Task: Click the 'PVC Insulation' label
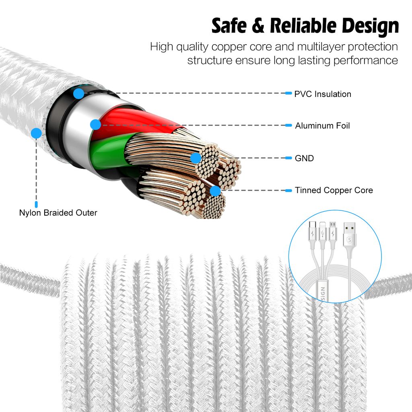coord(323,94)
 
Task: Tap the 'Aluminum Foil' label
coord(322,126)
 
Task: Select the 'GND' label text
coord(304,158)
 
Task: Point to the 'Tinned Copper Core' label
coord(334,190)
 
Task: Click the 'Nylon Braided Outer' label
coord(58,212)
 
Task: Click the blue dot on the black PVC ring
coord(79,94)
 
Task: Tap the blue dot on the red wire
coord(95,124)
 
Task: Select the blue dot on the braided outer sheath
coord(36,133)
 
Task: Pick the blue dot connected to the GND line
coord(196,158)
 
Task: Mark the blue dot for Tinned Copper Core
coord(216,191)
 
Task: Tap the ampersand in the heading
coord(258,27)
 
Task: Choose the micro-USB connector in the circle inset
coord(332,232)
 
